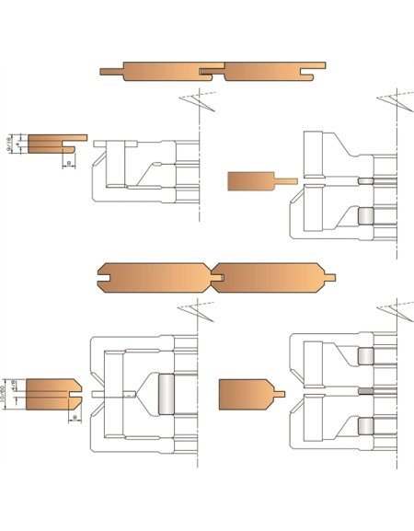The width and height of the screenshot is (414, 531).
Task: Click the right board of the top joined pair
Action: tap(267, 71)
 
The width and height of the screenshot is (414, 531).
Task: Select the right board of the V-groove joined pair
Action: tap(267, 274)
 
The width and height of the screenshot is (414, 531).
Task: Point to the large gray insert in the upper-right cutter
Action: tap(365, 214)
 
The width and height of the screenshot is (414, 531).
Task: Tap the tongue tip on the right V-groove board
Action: tap(331, 275)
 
